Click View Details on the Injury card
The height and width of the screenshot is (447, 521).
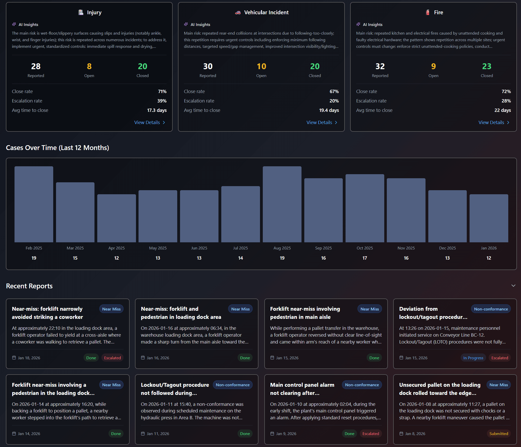click(149, 123)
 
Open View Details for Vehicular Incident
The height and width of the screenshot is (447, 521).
click(322, 123)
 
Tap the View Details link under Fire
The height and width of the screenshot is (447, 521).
click(494, 123)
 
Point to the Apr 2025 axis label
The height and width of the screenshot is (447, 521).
click(116, 248)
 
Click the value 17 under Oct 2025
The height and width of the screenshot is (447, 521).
click(365, 258)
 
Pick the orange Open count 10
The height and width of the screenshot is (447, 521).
click(261, 66)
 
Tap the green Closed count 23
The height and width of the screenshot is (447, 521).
click(487, 66)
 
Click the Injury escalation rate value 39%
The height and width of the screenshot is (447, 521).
click(162, 101)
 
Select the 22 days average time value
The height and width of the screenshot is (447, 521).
click(502, 110)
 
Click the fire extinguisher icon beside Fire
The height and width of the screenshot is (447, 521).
click(428, 12)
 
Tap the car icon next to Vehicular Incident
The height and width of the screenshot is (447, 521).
click(238, 12)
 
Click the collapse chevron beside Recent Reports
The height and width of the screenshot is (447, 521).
click(513, 286)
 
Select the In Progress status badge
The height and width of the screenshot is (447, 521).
click(473, 358)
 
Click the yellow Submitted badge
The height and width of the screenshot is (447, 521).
click(499, 434)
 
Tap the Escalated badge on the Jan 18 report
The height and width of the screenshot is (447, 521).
click(112, 358)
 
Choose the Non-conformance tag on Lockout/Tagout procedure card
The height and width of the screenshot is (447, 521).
click(232, 385)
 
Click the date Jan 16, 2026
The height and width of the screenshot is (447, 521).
click(158, 358)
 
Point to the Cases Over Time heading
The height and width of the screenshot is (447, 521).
click(58, 148)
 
